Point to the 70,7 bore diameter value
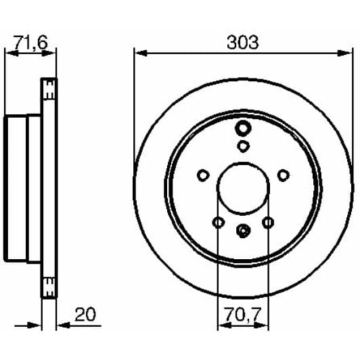tap(242, 314)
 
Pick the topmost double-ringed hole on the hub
tap(243, 128)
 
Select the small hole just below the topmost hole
tap(243, 145)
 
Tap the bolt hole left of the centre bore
tap(202, 176)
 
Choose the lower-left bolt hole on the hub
tap(217, 222)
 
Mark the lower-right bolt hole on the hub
tap(268, 222)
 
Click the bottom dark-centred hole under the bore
tap(243, 231)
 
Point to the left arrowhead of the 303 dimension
tap(138, 51)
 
